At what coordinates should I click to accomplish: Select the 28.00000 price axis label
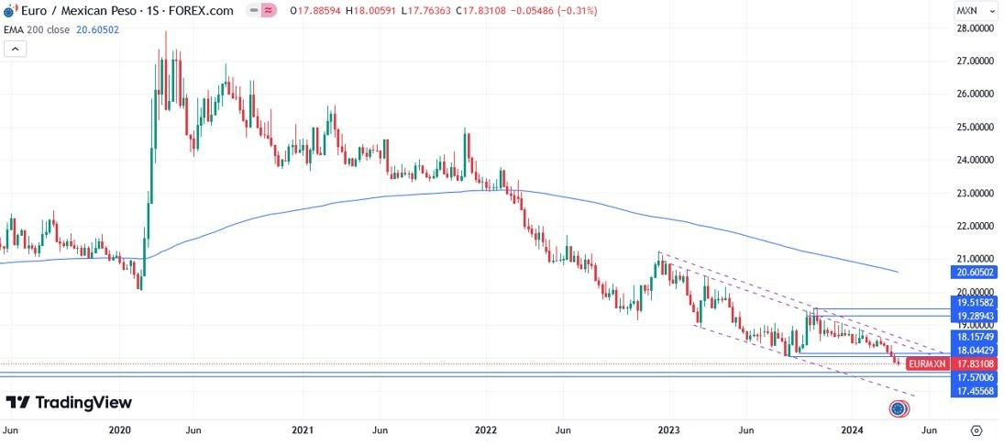pos(975,28)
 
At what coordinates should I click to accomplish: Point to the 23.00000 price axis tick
pos(975,193)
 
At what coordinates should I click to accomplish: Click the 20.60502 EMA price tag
pos(975,273)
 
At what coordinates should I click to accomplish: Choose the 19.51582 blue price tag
pos(975,302)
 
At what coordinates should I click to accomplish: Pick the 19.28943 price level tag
pos(975,316)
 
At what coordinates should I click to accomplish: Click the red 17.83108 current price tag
pos(975,364)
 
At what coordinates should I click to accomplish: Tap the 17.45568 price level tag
pos(975,392)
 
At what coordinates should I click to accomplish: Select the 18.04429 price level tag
pos(975,351)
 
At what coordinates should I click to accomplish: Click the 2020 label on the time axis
pos(120,430)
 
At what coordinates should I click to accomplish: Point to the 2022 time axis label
pos(485,430)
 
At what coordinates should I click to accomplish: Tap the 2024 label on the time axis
pos(852,430)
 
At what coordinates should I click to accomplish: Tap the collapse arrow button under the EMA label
pos(15,49)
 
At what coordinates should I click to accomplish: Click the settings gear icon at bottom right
pos(976,430)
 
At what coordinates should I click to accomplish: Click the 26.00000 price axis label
pos(975,94)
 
